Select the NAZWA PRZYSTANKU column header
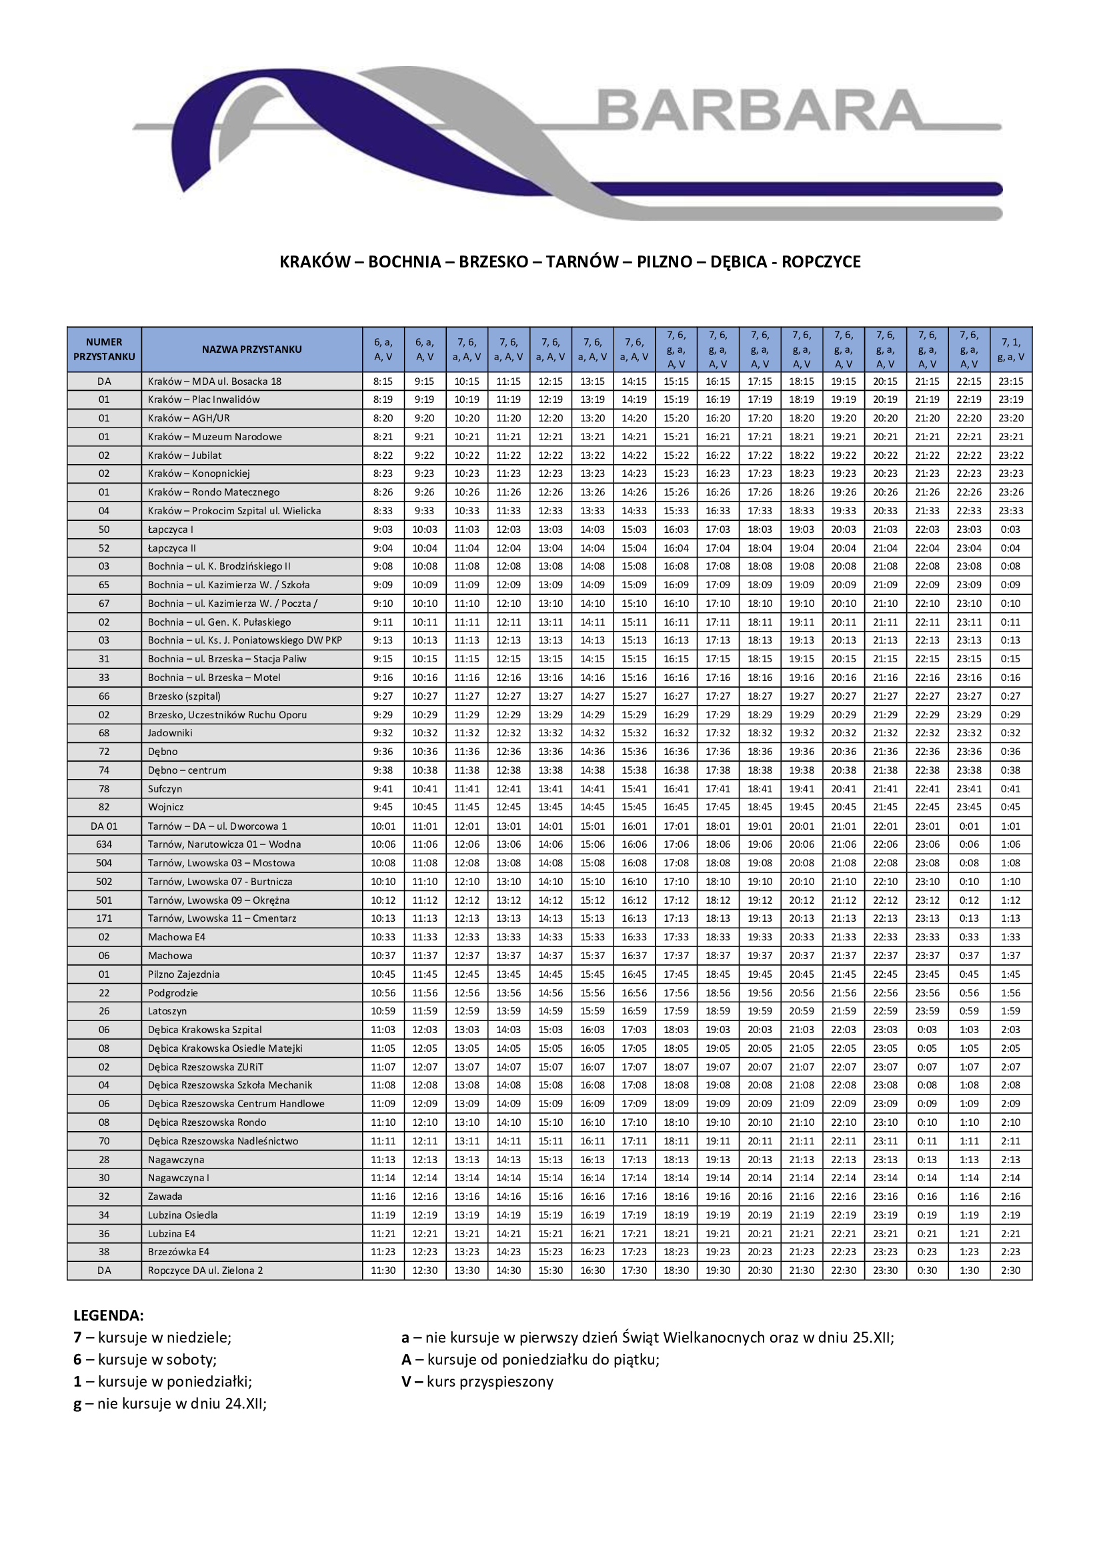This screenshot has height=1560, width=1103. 251,349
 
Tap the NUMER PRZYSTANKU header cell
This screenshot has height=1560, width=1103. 104,349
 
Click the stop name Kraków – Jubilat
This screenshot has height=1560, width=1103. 185,456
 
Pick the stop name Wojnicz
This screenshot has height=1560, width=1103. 166,807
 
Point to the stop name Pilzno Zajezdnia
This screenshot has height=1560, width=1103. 183,974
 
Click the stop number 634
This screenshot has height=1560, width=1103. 104,844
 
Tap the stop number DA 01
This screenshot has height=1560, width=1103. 104,826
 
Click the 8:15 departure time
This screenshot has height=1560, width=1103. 383,381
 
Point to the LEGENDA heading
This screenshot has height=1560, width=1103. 109,1315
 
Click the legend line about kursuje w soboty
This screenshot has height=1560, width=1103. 145,1359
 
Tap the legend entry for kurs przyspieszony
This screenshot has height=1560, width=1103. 477,1381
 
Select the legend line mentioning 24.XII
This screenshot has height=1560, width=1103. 170,1404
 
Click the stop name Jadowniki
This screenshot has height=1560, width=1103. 170,733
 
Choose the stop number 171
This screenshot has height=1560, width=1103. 104,918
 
